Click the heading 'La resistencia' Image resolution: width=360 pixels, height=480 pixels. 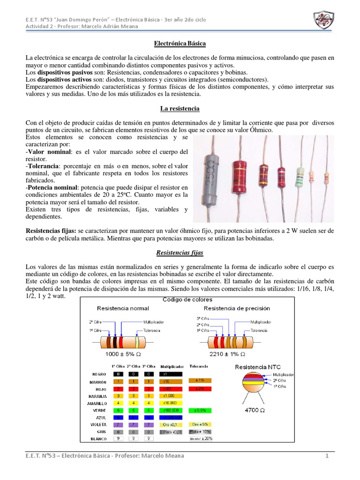click(x=180, y=108)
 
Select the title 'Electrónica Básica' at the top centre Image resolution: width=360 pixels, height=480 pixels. click(x=180, y=43)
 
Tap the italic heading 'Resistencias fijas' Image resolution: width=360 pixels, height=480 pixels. click(x=180, y=253)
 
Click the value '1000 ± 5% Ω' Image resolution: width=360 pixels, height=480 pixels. click(x=123, y=354)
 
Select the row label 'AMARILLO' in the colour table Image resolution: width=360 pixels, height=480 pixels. click(x=97, y=403)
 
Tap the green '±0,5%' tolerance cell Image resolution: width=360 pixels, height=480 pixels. click(x=200, y=410)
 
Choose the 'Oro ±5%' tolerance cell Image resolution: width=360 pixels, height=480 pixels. click(x=200, y=425)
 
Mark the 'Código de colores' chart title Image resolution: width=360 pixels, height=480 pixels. click(x=187, y=300)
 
